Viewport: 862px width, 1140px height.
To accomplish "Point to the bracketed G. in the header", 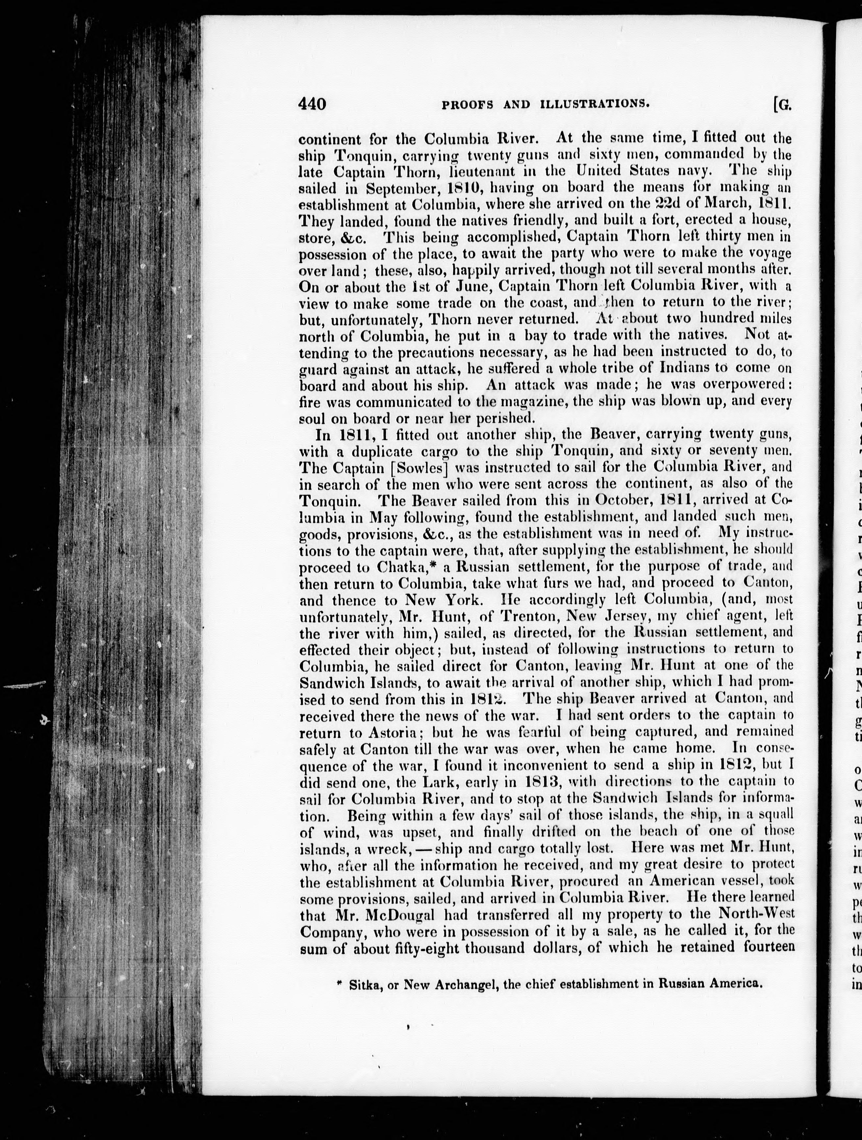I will pyautogui.click(x=782, y=105).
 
